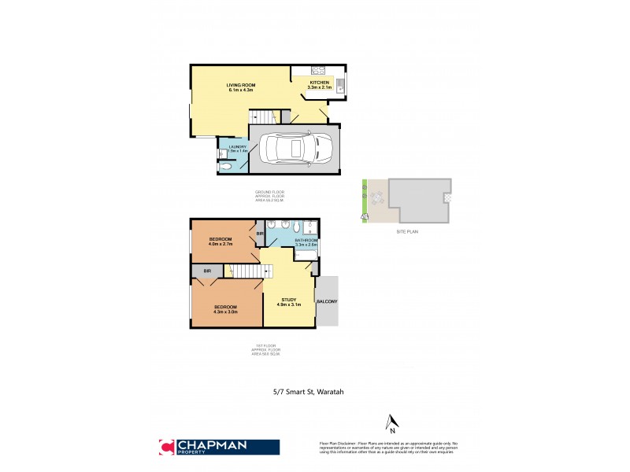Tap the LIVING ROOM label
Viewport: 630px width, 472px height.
(241, 84)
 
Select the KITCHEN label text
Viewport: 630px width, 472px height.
(319, 82)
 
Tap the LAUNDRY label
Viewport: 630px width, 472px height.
(238, 147)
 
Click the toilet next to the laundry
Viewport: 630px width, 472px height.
(224, 167)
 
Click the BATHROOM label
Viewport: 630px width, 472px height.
(306, 240)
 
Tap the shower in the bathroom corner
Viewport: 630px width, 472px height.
(312, 227)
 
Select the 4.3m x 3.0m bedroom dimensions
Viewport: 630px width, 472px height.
(225, 312)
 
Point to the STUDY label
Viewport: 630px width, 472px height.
(291, 298)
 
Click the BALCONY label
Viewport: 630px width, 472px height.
(326, 301)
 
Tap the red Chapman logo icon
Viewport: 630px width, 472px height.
(165, 446)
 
